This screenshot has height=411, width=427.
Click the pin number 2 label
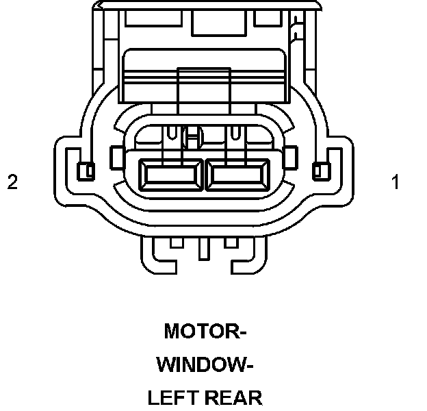coord(12,182)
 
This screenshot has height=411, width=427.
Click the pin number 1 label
coord(395,182)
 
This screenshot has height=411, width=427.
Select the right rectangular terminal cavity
coord(238,175)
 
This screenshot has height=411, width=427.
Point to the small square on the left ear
coord(86,171)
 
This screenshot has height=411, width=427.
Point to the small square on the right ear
coord(319,171)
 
